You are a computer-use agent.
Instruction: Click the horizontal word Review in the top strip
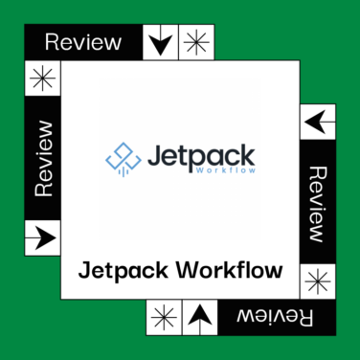point(83,42)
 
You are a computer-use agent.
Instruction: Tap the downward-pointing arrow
point(161,42)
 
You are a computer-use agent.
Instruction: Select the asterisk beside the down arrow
point(197,42)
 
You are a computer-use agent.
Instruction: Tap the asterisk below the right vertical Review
point(318,281)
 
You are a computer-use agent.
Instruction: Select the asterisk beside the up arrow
point(163,316)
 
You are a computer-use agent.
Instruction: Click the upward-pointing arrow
point(198,316)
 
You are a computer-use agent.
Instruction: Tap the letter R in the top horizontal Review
point(52,42)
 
